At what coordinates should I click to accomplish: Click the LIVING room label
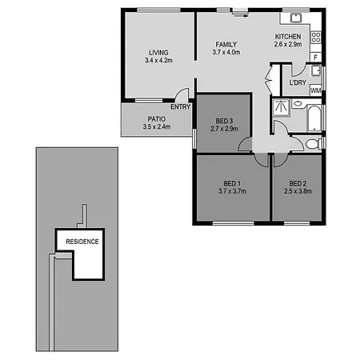click(x=158, y=53)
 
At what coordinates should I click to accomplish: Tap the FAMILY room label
click(x=226, y=45)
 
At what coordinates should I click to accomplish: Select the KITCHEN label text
click(x=288, y=37)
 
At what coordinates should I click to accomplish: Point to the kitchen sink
click(x=296, y=18)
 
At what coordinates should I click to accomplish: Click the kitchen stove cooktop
click(x=316, y=38)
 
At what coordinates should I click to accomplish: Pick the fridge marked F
click(x=316, y=58)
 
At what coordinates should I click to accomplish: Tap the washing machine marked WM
click(x=316, y=90)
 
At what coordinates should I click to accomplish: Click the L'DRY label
click(x=298, y=82)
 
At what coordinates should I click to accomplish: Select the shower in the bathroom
click(x=281, y=108)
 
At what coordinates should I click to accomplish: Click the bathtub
click(x=314, y=118)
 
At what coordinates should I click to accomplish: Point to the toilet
click(x=314, y=144)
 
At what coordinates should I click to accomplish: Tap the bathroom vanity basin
click(x=298, y=103)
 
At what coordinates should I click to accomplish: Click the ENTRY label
click(x=181, y=107)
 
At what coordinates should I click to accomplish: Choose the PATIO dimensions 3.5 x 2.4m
click(x=157, y=127)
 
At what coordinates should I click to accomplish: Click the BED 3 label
click(x=224, y=121)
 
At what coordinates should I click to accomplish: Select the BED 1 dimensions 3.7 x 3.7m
click(x=232, y=191)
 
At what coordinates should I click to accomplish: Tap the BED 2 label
click(x=298, y=183)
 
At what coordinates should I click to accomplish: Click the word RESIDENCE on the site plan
click(x=82, y=242)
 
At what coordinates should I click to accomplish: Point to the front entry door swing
click(x=182, y=94)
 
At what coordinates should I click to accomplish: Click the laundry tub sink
click(x=316, y=70)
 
